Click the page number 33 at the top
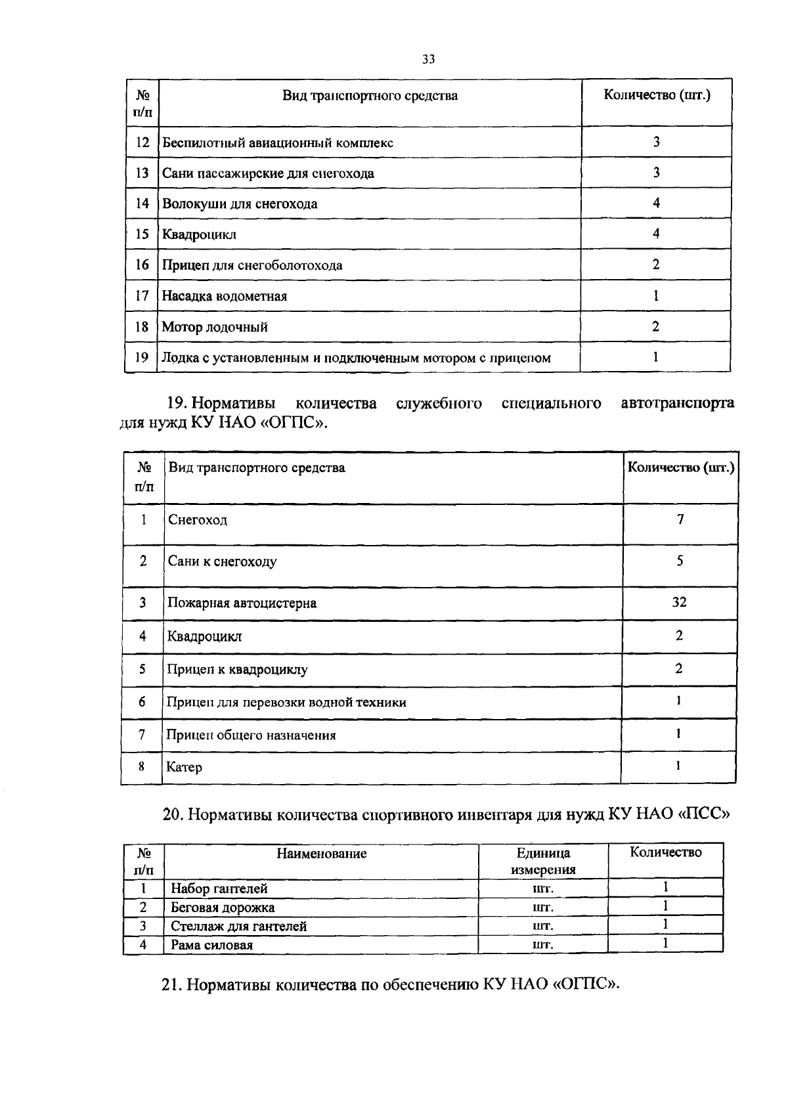(428, 60)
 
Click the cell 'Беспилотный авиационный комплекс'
(278, 143)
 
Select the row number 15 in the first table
(142, 234)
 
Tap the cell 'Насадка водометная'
(225, 296)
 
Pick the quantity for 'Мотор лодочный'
(655, 326)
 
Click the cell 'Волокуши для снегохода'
(240, 204)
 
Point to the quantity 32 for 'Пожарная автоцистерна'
(679, 602)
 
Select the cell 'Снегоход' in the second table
(198, 521)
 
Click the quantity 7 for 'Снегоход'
(680, 519)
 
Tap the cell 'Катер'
(185, 768)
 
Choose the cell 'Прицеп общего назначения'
(251, 735)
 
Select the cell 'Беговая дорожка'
(223, 908)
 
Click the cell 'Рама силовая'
(211, 946)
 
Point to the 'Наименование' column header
(321, 854)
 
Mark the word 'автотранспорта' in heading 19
(677, 403)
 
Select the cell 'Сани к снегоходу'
(222, 562)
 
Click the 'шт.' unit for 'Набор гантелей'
(543, 889)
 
